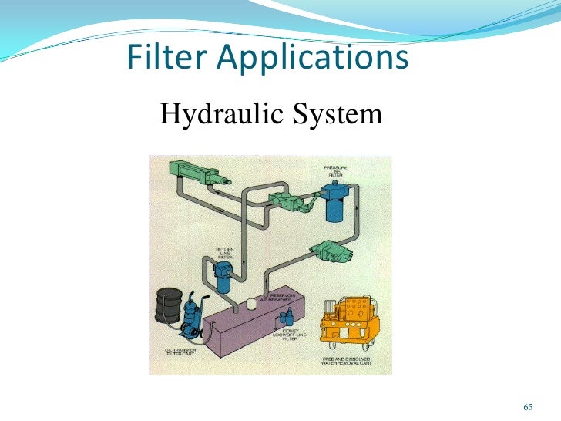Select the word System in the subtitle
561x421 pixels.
(339, 115)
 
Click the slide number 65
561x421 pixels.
(528, 407)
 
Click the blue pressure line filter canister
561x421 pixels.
(336, 202)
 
